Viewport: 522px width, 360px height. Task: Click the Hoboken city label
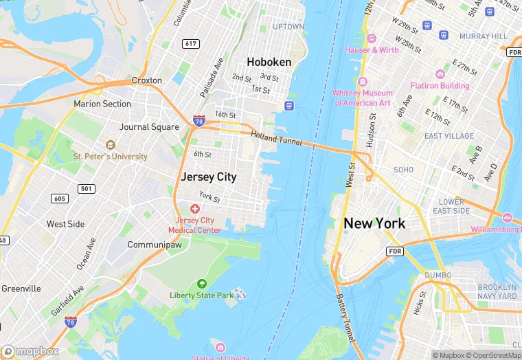point(269,62)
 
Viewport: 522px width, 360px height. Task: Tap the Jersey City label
point(208,177)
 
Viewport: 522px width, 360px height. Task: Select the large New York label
point(374,223)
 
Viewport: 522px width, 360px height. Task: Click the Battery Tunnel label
point(345,319)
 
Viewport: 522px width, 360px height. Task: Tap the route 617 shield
point(192,44)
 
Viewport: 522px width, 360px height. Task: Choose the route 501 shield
point(86,188)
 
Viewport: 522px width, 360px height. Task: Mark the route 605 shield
point(59,199)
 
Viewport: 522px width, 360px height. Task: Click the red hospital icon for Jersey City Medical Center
point(195,208)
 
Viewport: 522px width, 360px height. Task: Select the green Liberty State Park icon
point(201,284)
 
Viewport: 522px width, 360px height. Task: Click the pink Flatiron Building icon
point(440,74)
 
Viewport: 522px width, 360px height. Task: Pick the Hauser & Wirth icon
point(372,38)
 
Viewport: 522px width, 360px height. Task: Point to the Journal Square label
point(149,127)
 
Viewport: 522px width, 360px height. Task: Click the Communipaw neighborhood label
point(154,245)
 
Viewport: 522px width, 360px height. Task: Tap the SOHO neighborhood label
point(403,169)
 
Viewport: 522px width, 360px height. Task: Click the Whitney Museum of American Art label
point(362,98)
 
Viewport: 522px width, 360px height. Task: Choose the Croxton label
point(146,80)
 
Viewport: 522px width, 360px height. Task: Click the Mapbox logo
point(31,352)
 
